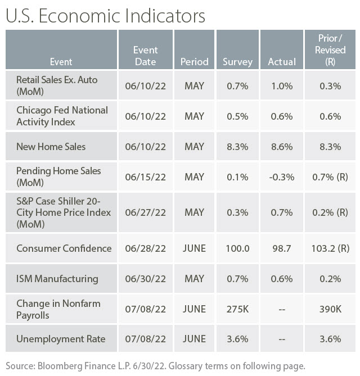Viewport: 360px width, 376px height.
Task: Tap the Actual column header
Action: click(281, 62)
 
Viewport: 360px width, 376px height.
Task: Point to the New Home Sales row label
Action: click(51, 147)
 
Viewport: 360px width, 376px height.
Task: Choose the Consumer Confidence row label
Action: click(64, 248)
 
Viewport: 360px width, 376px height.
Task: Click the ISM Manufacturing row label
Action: click(57, 279)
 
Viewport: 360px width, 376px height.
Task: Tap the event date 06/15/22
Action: click(145, 177)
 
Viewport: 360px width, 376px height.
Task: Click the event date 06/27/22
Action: click(145, 213)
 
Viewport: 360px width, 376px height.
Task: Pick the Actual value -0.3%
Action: click(281, 177)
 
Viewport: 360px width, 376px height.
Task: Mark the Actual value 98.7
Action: click(281, 248)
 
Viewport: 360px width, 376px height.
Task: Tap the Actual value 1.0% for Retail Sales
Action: click(281, 85)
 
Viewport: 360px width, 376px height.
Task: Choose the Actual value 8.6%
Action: click(281, 147)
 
